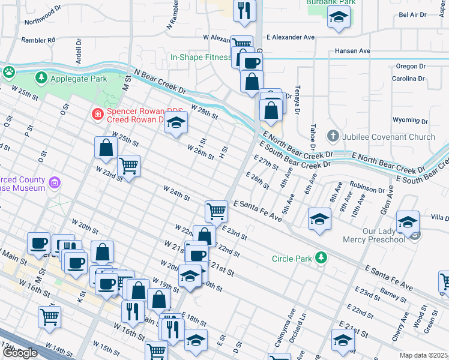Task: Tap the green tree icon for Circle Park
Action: point(322,257)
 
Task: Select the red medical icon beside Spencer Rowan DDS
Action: point(97,113)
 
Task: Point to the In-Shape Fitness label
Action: point(200,58)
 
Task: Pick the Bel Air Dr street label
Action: point(412,14)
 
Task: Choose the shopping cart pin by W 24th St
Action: point(216,211)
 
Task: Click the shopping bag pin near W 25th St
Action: point(106,148)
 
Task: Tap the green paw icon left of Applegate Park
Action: point(9,73)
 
